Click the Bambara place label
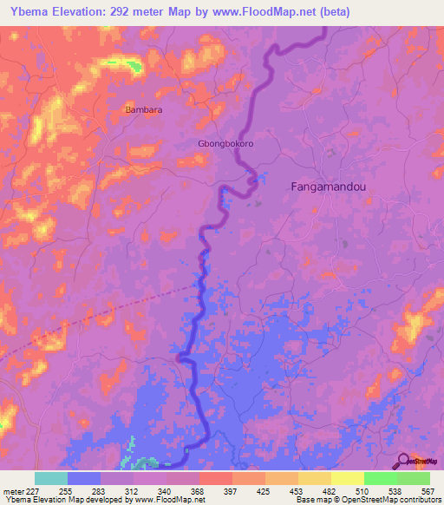(143, 110)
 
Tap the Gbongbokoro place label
(226, 143)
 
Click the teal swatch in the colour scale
(51, 478)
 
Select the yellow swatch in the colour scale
(347, 478)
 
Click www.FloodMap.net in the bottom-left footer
(169, 500)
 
